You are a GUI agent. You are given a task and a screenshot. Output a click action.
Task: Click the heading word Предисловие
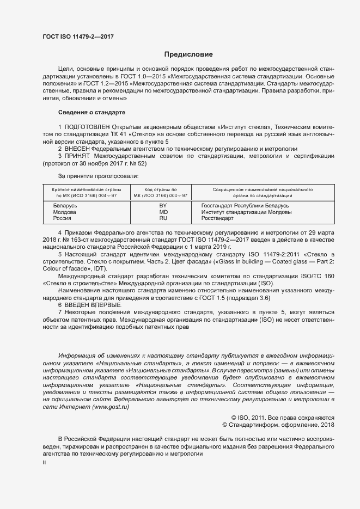pos(188,54)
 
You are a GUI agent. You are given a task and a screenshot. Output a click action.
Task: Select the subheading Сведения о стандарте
pos(91,112)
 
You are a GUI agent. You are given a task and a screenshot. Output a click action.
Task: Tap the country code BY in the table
pos(162,205)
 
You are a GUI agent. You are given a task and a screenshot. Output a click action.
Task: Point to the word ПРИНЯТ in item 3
pos(76,156)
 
